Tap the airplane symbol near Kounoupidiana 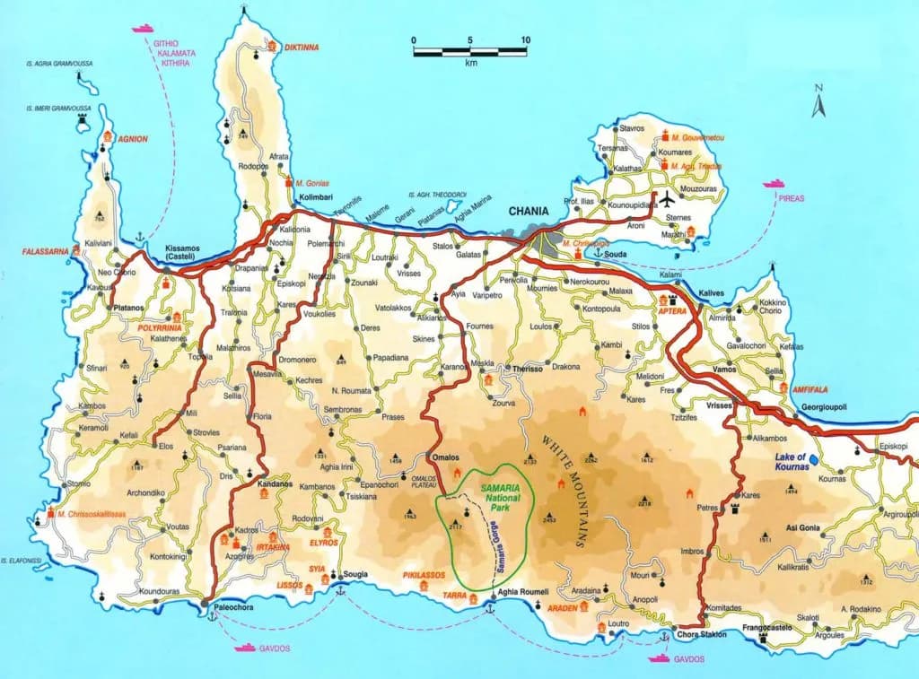coord(668,199)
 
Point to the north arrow coord(818,101)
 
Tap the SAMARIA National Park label coord(499,491)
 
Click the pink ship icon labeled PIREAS coord(773,184)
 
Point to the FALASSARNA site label coord(46,252)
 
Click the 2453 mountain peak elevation coord(549,519)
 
